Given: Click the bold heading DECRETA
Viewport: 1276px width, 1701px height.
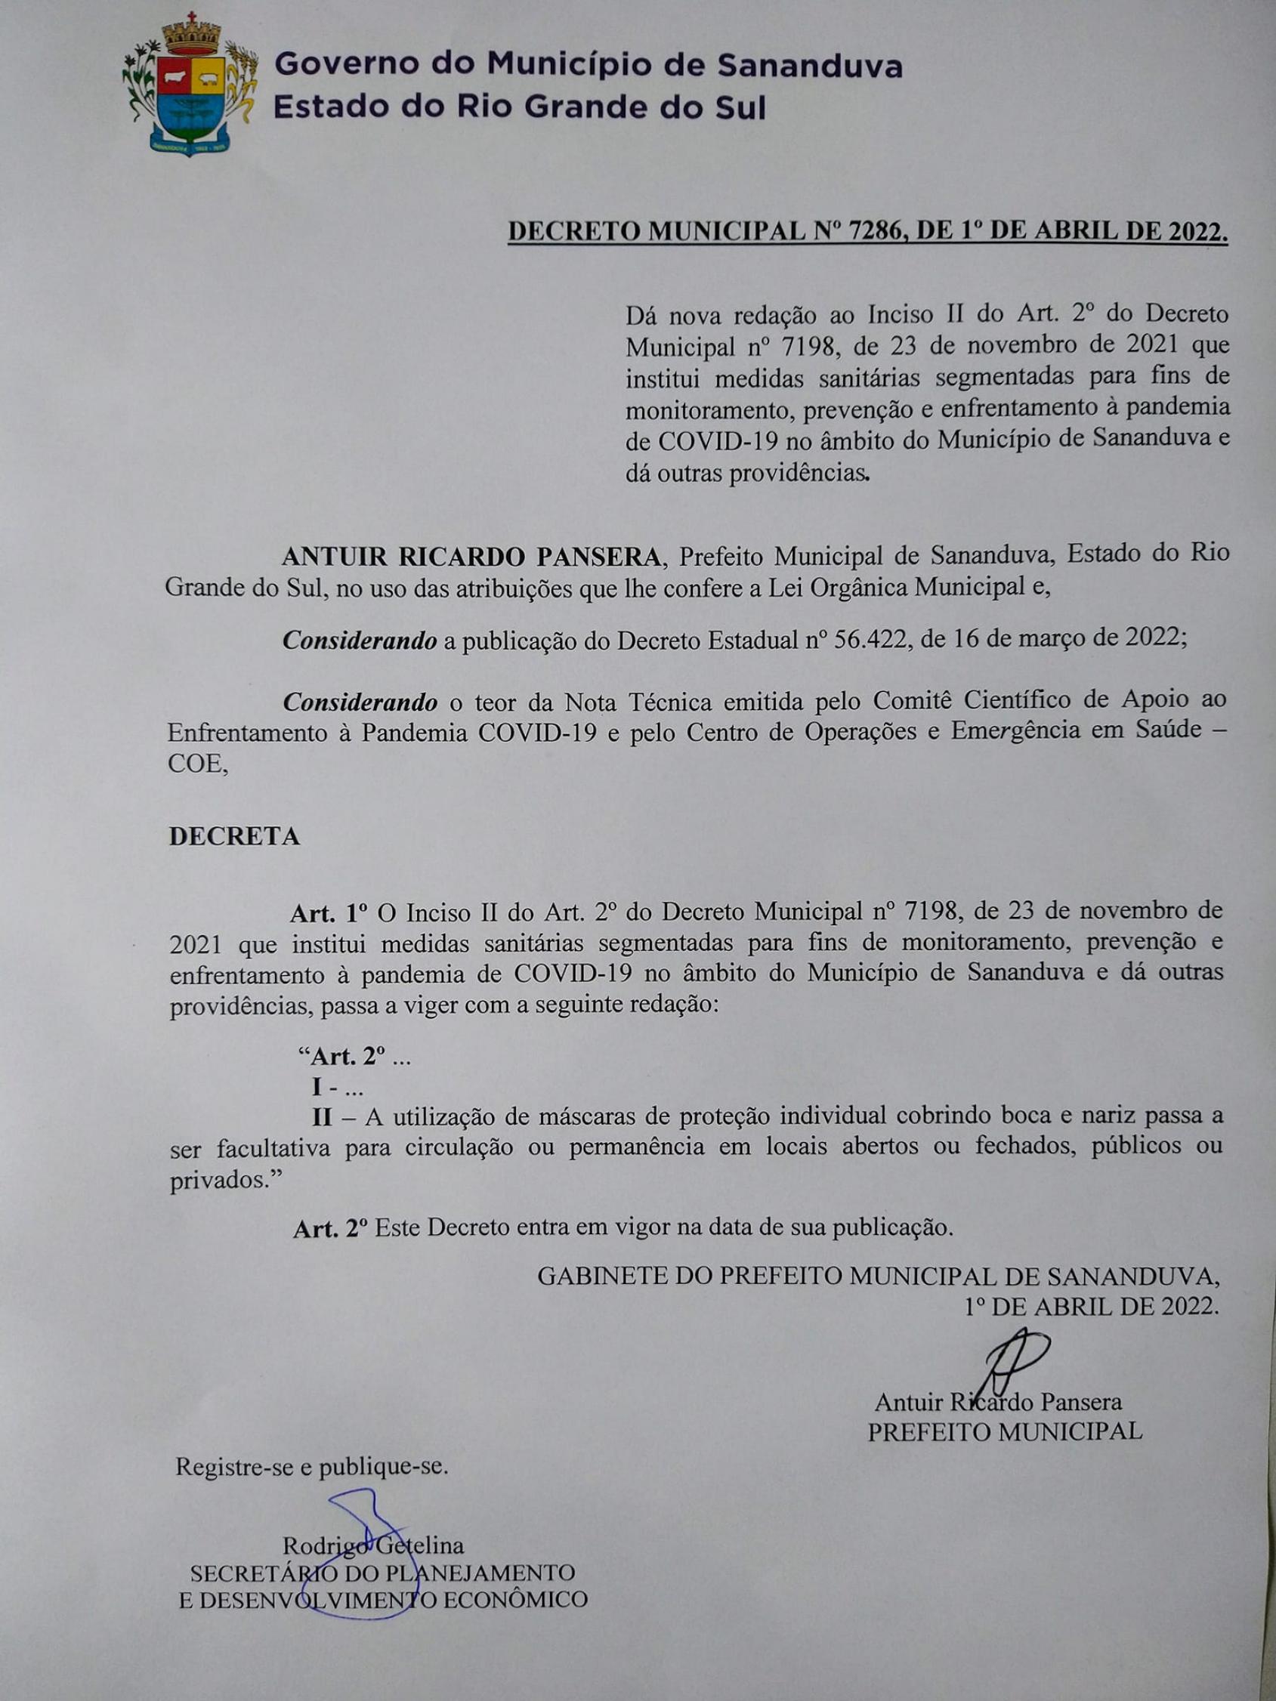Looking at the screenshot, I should coord(233,836).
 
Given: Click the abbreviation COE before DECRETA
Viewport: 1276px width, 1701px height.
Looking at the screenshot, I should coord(197,765).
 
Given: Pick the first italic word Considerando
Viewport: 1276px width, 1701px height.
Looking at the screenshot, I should coord(359,640).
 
